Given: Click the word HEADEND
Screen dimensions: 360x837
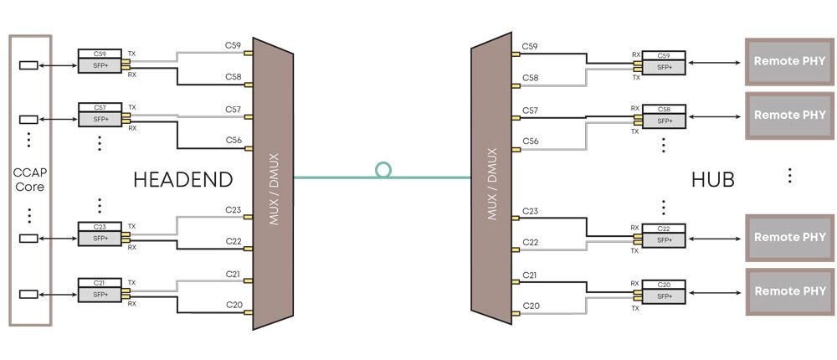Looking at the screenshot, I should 182,179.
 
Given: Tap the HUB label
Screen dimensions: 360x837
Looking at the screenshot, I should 712,179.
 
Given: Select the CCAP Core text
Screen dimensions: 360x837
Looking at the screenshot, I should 29,179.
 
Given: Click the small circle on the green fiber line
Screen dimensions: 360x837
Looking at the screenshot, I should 383,170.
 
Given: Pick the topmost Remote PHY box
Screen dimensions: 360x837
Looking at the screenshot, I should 789,61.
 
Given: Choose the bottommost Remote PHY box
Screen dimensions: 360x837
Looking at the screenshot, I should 789,291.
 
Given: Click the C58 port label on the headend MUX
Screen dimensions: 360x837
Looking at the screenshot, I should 234,77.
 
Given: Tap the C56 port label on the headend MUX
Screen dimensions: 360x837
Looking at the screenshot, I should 234,141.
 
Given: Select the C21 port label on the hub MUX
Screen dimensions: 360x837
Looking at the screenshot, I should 530,275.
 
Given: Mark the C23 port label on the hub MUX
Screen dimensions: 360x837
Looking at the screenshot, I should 530,211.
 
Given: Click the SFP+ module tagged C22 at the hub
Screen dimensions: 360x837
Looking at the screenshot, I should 664,239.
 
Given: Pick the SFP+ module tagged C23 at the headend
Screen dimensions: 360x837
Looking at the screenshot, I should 100,238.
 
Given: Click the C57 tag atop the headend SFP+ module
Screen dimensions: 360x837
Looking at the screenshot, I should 100,108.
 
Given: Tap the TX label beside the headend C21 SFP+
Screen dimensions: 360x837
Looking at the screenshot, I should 131,283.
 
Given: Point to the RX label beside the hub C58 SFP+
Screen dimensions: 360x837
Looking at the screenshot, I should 635,109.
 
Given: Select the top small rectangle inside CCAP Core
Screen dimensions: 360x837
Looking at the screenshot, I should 28,64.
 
